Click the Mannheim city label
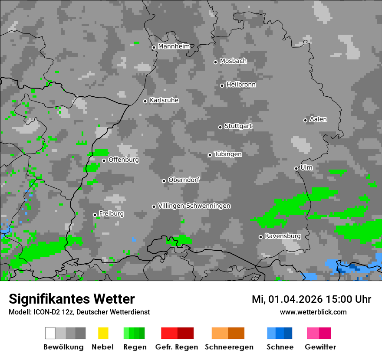174,46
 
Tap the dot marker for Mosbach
215,62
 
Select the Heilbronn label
241,85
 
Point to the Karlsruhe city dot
145,101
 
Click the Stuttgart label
238,126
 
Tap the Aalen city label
318,119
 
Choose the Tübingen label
228,154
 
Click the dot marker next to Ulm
296,168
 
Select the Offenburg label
124,160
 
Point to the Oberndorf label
184,180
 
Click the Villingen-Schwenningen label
194,206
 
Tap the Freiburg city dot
95,215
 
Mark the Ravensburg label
283,236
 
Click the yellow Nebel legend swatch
103,333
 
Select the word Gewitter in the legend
320,347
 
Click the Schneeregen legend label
229,347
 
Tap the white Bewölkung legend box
50,333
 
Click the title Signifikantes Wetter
72,299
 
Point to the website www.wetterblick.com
313,312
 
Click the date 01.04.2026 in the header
295,299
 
